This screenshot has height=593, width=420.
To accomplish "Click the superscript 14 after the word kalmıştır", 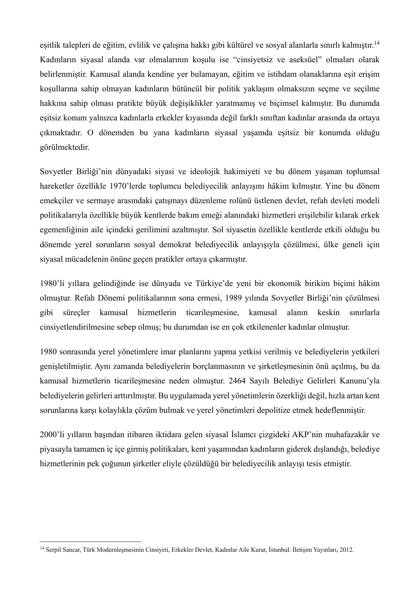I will click(x=377, y=43).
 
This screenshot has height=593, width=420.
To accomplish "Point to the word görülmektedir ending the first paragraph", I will click(x=64, y=147).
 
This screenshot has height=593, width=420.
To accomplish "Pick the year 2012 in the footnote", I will click(x=347, y=550).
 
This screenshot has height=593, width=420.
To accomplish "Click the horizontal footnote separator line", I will click(x=90, y=541).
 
